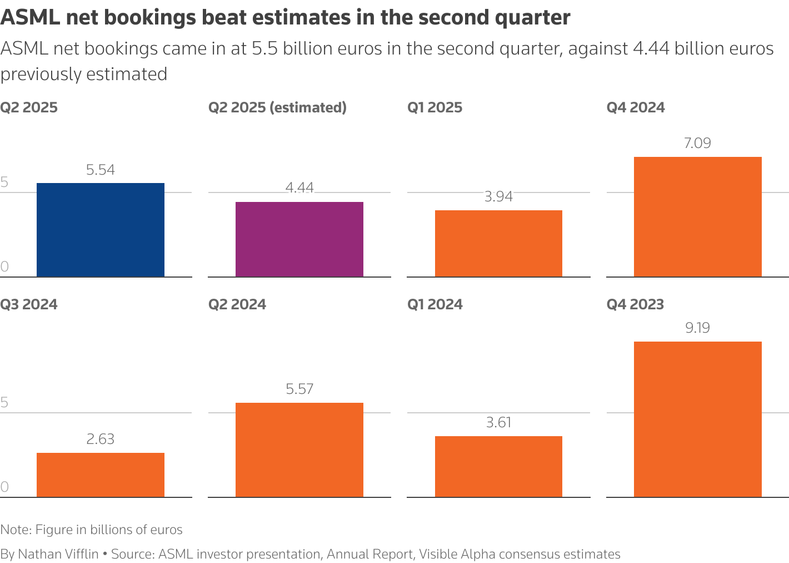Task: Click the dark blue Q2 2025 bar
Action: [101, 230]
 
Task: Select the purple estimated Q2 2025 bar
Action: [299, 239]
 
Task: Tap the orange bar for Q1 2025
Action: [498, 244]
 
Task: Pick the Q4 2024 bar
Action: [697, 217]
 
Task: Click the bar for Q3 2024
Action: [101, 475]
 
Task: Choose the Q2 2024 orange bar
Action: [299, 450]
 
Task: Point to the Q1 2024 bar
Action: [498, 467]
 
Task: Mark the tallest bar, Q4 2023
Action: [697, 419]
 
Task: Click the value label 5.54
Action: [101, 170]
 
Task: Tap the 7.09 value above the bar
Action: [697, 144]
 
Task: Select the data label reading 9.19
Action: [697, 328]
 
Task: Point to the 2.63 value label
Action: [101, 439]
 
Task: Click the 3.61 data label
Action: [498, 422]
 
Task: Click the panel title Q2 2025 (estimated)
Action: [277, 107]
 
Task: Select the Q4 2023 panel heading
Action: [635, 304]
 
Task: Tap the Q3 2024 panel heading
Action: [29, 304]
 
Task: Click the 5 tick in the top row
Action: [4, 182]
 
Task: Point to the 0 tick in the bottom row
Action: [4, 487]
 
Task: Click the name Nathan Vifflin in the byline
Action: [58, 554]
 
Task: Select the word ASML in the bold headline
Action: [30, 18]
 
